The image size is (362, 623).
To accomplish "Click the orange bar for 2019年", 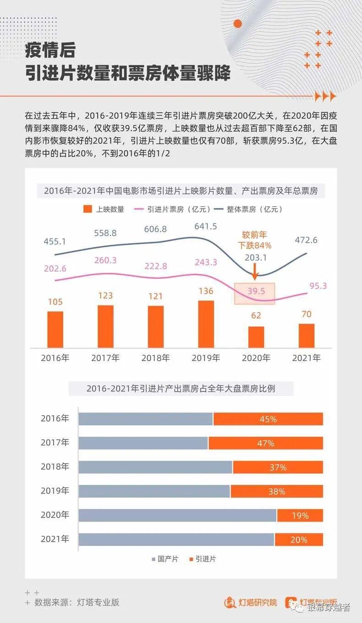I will (x=206, y=324).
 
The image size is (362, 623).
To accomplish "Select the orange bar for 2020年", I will (x=256, y=337).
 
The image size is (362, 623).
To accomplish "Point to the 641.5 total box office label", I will (x=205, y=226).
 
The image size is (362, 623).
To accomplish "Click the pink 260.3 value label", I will (x=105, y=260).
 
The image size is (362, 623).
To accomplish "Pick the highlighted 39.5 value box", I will (x=254, y=294).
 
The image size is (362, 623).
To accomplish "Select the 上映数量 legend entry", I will (x=104, y=209).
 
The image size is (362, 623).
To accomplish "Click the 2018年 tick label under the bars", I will (x=155, y=358).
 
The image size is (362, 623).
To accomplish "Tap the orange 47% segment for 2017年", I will (x=265, y=443).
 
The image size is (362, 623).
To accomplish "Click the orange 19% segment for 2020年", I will (x=300, y=516).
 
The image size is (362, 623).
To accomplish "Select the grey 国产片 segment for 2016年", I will (x=146, y=419).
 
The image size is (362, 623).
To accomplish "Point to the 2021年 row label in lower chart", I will (x=55, y=539).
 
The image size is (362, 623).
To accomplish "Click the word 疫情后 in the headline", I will (x=50, y=50).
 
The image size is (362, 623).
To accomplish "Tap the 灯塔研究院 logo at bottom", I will (x=251, y=602).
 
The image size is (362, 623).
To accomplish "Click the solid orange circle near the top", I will (x=237, y=23).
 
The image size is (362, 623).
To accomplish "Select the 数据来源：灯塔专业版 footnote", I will (x=77, y=602).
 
